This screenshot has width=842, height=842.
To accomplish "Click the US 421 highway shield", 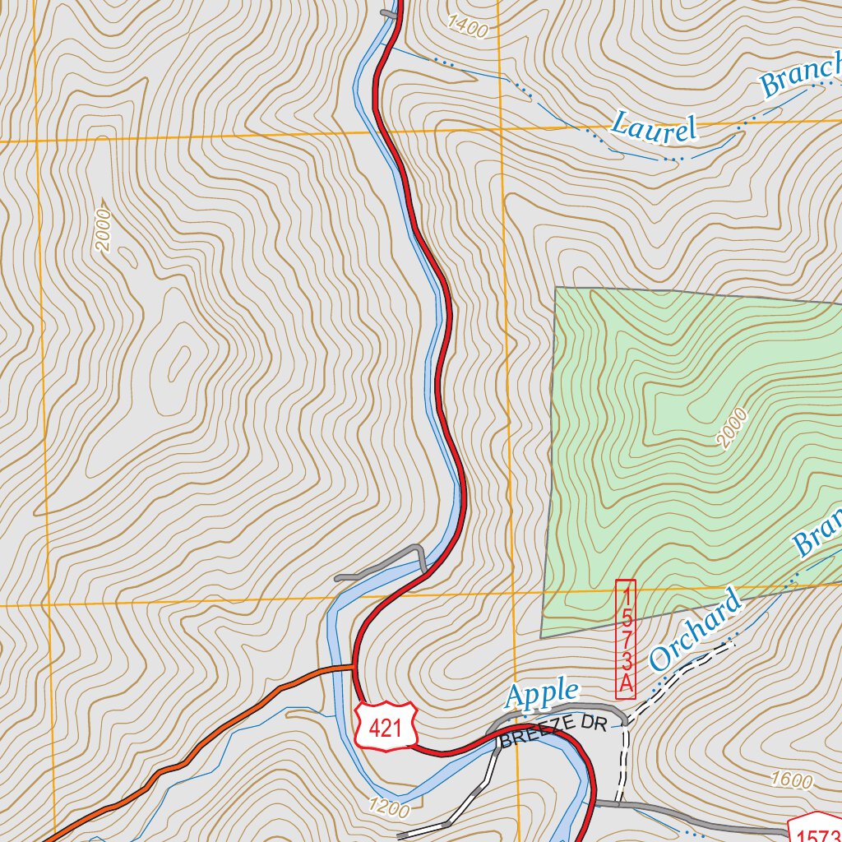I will (386, 726).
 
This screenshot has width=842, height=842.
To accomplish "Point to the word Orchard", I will (695, 629).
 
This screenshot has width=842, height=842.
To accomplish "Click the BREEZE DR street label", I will (553, 731).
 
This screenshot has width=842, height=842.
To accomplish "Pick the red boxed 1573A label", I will (626, 639).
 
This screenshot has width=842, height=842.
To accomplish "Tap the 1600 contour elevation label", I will (792, 780).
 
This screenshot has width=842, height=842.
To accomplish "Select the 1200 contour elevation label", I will (389, 809).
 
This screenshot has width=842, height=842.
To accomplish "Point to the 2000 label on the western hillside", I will (103, 225).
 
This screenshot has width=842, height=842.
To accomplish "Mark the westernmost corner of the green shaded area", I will (541, 637).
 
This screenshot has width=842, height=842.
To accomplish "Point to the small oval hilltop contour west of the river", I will (176, 362).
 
